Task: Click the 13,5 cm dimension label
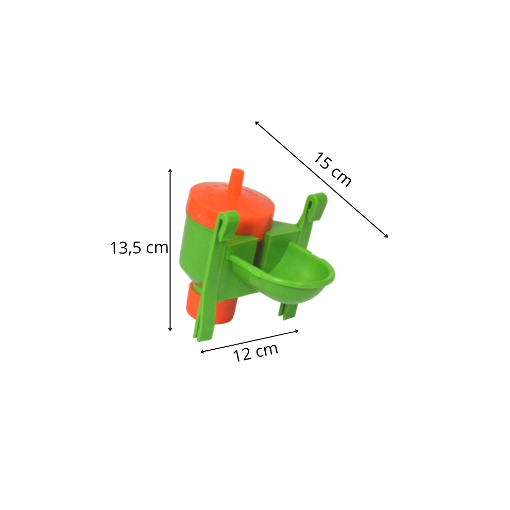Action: tap(139, 248)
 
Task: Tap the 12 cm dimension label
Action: tap(256, 352)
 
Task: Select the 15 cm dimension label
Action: tap(332, 169)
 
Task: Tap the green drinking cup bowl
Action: tap(286, 273)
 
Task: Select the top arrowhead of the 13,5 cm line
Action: tap(170, 171)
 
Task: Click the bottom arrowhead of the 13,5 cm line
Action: tap(170, 329)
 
